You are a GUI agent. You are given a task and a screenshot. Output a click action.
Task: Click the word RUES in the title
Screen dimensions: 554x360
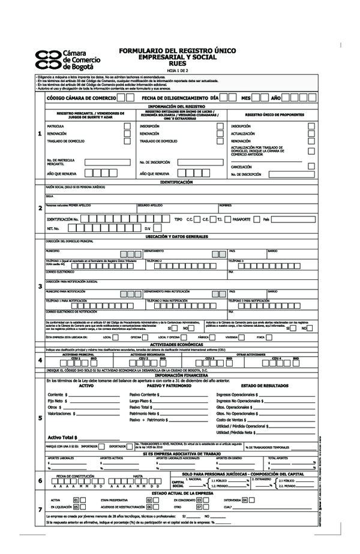(178, 62)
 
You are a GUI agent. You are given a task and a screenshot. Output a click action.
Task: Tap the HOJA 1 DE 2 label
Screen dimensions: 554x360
(178, 70)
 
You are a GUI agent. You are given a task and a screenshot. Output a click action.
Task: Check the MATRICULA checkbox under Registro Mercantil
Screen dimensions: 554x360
(127, 127)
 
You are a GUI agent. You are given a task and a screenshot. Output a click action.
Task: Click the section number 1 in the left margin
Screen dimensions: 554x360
(40, 134)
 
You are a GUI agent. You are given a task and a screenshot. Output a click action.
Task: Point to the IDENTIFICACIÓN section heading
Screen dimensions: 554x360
(177, 181)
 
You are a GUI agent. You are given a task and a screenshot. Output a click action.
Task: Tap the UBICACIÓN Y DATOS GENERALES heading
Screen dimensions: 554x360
(177, 237)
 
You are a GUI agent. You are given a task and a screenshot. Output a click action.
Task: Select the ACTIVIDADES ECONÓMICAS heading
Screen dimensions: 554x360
(177, 345)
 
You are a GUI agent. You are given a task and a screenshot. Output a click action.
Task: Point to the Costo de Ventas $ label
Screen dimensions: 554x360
(235, 420)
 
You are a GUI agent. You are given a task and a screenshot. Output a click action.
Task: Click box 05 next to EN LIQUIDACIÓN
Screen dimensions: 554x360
(76, 507)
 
